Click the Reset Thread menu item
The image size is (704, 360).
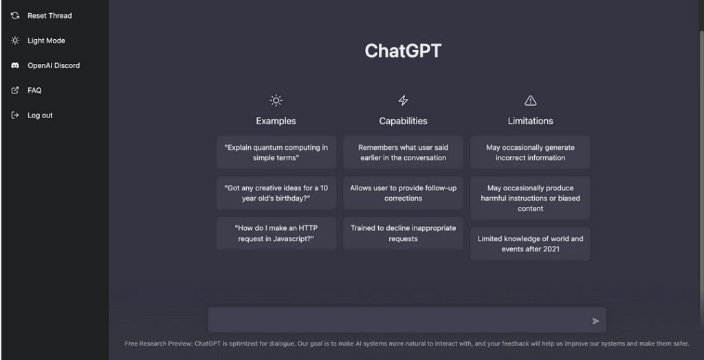tap(41, 16)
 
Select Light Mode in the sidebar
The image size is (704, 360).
tap(38, 41)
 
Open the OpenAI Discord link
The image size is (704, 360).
tap(45, 65)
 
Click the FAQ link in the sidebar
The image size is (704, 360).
tap(26, 90)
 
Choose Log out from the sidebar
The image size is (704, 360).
tap(32, 115)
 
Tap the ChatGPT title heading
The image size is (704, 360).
tap(403, 51)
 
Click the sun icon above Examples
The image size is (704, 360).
tap(276, 100)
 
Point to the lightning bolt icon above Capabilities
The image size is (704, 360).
tap(403, 100)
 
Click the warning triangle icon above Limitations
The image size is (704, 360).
tap(530, 100)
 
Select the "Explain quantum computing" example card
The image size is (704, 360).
tap(276, 153)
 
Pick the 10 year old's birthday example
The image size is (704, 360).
tap(276, 193)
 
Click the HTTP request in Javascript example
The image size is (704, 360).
tap(276, 234)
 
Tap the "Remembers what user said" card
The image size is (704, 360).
tap(403, 153)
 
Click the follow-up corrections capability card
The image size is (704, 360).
tap(403, 193)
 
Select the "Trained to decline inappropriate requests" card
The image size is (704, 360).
tap(403, 234)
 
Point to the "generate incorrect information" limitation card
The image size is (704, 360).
tap(530, 153)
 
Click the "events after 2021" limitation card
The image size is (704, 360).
tap(530, 244)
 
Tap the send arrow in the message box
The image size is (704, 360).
tap(595, 321)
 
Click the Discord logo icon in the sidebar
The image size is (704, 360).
tap(15, 65)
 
